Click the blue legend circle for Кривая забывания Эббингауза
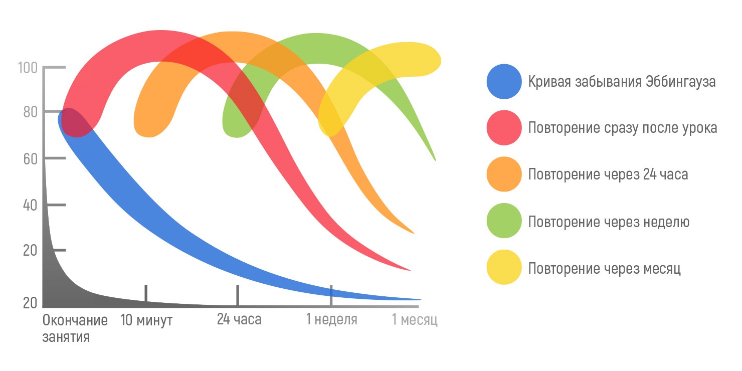(504, 81)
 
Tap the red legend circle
(504, 128)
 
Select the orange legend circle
(504, 174)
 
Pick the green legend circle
(504, 221)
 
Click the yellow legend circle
(504, 267)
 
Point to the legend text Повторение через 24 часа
(608, 174)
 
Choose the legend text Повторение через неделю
(609, 222)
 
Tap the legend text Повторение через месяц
(604, 268)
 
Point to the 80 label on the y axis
(30, 112)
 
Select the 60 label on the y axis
(30, 158)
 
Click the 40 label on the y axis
(30, 206)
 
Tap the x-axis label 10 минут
(146, 320)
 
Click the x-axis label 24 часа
(239, 320)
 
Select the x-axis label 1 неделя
(332, 320)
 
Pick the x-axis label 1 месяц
(415, 320)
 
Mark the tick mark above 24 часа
(238, 295)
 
